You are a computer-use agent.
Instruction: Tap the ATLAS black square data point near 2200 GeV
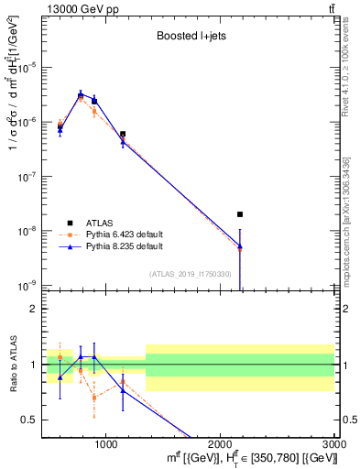click(x=240, y=214)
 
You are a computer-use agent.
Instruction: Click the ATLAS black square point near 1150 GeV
click(x=123, y=134)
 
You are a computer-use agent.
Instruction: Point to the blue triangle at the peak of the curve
click(x=81, y=94)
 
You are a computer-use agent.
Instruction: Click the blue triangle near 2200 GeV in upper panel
click(x=240, y=246)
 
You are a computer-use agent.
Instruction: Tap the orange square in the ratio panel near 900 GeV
click(x=93, y=397)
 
